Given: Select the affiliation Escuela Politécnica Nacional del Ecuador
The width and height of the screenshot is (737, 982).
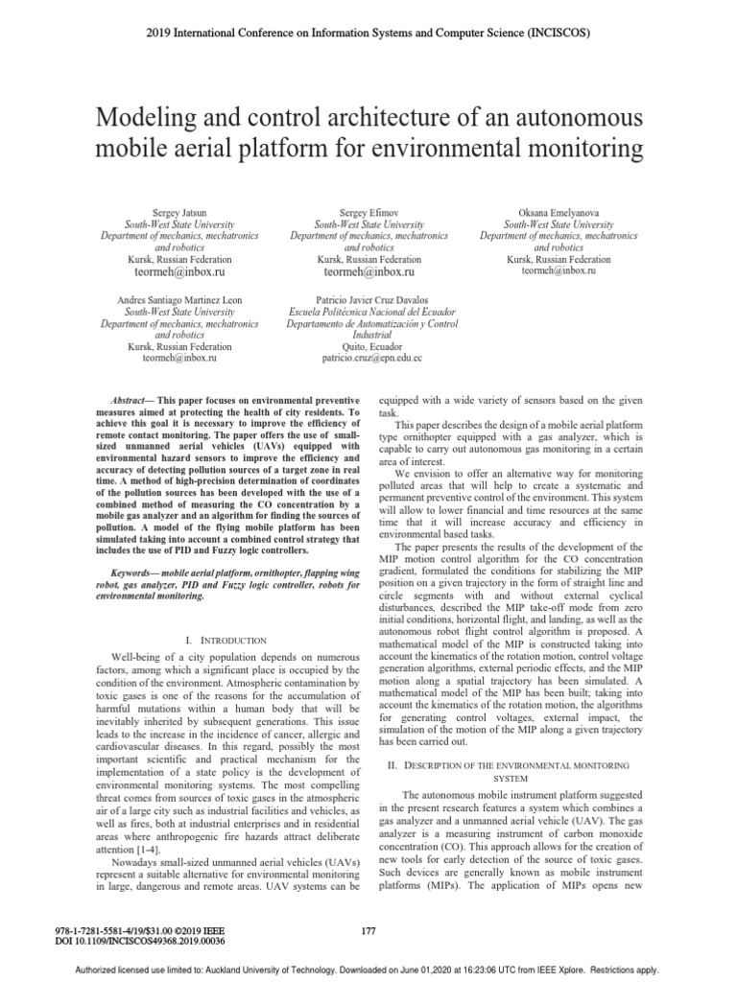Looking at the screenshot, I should click(x=369, y=312).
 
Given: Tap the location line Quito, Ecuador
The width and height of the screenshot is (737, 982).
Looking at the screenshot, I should click(x=369, y=346).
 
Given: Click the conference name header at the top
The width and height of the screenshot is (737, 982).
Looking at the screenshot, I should click(x=368, y=33).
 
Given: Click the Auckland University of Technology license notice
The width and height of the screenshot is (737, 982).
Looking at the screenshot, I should click(x=368, y=970).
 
